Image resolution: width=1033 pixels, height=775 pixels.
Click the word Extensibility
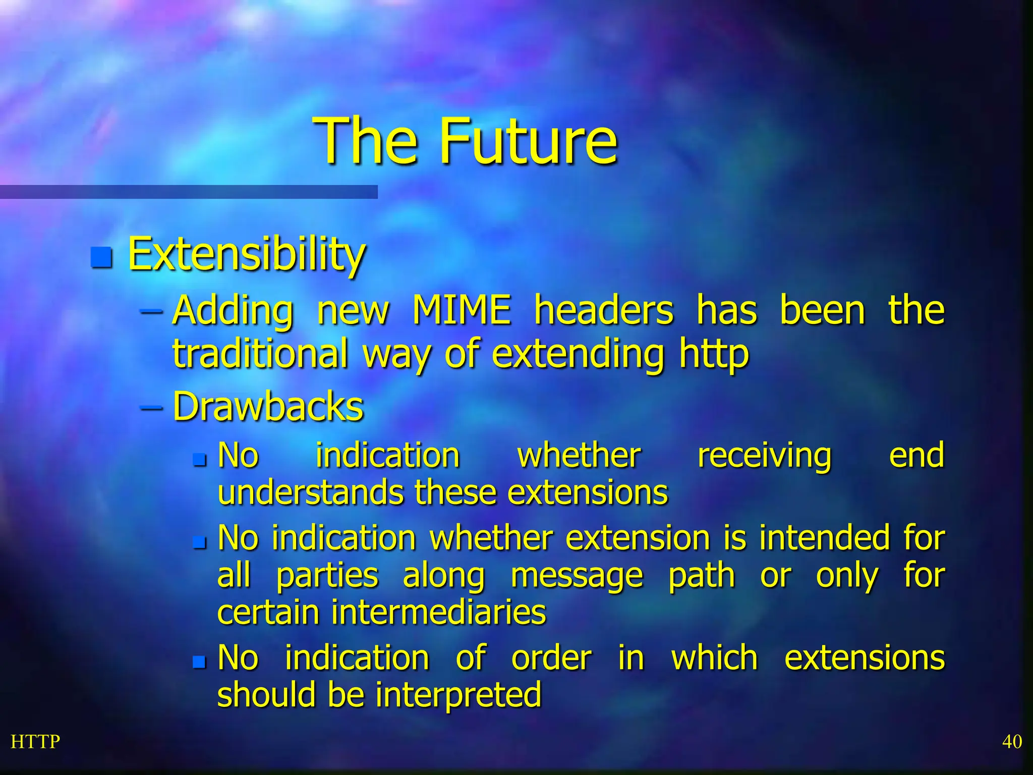[246, 254]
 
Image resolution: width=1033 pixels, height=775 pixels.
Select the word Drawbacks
[268, 406]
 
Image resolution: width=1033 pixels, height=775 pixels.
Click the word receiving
[764, 456]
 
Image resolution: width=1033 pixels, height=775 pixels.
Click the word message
[577, 576]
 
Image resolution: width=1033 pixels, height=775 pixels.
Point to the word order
[551, 658]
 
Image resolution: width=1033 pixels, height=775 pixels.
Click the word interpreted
[458, 695]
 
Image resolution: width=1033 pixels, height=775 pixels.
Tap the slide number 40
[1011, 742]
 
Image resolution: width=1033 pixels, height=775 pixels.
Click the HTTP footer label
[35, 742]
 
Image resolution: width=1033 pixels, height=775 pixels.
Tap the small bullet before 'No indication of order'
[200, 661]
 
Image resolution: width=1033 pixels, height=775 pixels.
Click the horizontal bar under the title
[189, 192]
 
